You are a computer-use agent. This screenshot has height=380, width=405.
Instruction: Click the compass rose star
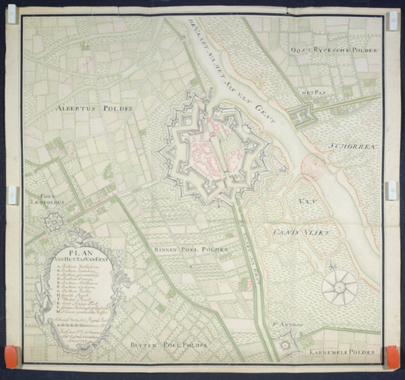(339, 287)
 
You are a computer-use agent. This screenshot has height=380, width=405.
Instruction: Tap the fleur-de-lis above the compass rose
(331, 265)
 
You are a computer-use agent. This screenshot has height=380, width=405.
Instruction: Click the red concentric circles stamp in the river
(313, 165)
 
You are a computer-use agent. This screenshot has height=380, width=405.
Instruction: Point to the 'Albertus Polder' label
(94, 108)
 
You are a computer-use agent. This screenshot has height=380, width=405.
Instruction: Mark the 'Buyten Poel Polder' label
(169, 345)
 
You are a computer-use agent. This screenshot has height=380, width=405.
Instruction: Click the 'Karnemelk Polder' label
(341, 352)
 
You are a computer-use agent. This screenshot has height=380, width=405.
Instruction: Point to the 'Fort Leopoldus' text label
(47, 199)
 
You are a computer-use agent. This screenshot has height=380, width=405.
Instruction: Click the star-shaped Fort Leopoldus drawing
(53, 222)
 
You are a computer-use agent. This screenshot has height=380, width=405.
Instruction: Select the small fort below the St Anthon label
(285, 344)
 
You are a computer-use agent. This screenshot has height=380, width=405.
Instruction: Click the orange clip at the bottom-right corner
(392, 356)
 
